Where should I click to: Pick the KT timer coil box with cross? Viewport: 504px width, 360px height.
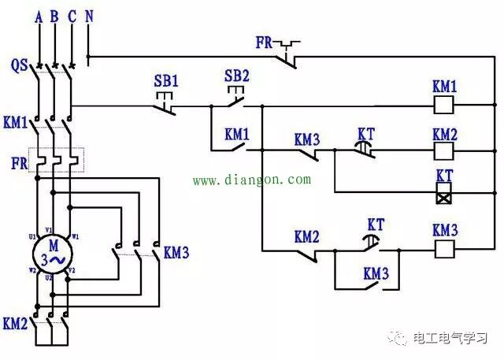tap(444, 191)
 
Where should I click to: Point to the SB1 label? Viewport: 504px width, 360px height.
tap(166, 80)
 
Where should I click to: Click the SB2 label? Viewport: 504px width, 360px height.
tap(236, 76)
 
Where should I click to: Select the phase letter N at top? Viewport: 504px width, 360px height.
tap(88, 14)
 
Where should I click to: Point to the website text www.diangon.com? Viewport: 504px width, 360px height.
tap(252, 180)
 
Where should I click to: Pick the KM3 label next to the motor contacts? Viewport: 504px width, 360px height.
tap(176, 253)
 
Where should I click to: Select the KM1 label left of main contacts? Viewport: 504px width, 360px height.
tap(15, 123)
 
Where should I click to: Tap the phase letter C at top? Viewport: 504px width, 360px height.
tap(72, 14)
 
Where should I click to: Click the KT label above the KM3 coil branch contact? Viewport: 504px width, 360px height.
tap(376, 225)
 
